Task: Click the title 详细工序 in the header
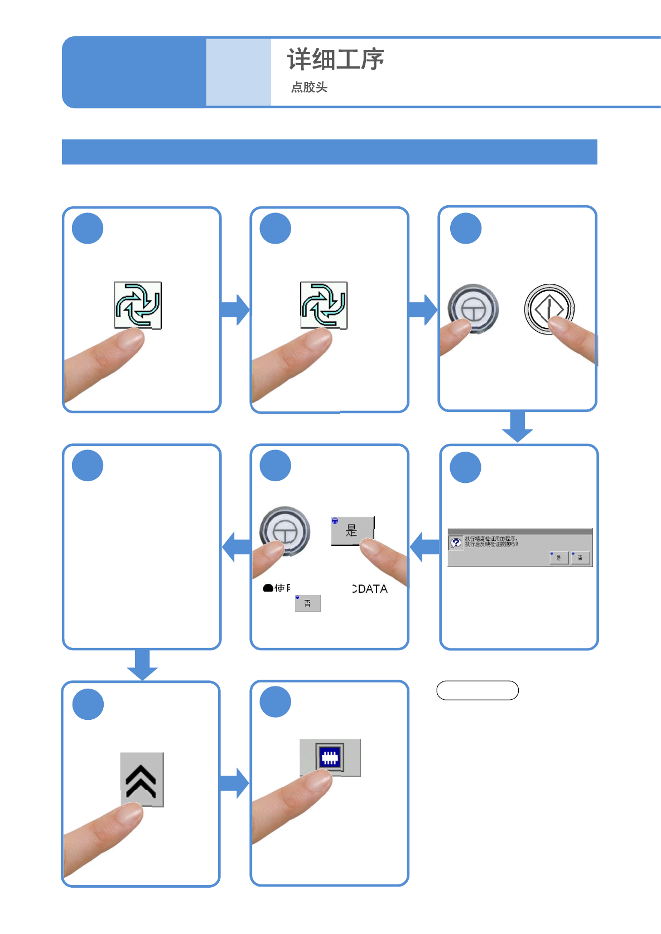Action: tap(335, 60)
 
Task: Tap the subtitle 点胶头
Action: tap(309, 87)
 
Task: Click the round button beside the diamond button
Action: tap(473, 308)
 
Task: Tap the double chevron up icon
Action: tap(141, 780)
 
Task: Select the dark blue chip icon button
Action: tap(330, 758)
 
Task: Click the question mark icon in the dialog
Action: tap(456, 543)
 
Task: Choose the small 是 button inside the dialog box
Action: tap(559, 558)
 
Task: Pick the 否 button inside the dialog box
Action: tap(580, 558)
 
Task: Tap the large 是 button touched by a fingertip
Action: tap(352, 530)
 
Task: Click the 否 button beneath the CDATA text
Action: tap(307, 603)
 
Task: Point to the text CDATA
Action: tap(370, 589)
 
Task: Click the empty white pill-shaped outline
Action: tap(477, 690)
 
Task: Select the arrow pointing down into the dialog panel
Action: tap(518, 427)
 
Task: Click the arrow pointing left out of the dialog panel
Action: tap(425, 547)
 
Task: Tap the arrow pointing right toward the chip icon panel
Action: tap(234, 783)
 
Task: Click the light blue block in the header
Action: tap(238, 72)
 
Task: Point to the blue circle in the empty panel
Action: tap(88, 466)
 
